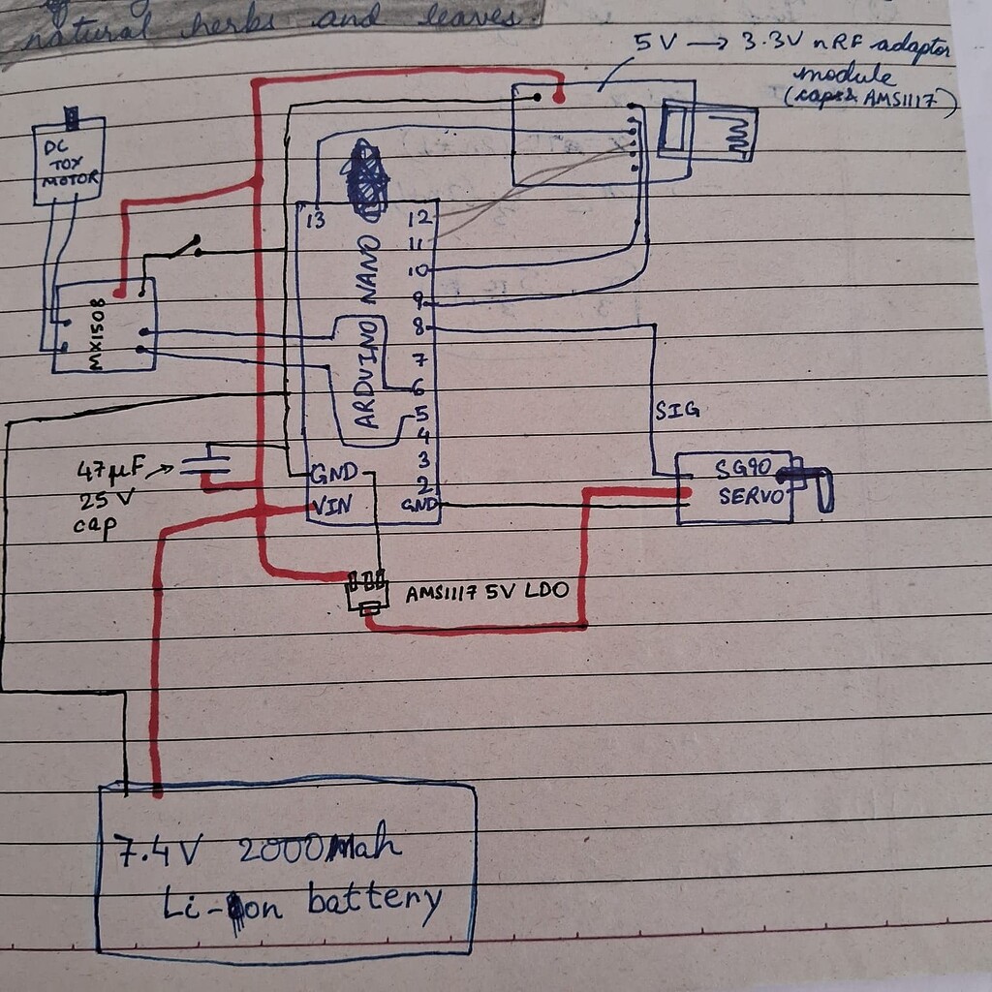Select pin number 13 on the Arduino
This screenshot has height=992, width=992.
coord(314,221)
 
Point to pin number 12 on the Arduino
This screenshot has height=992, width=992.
coord(418,219)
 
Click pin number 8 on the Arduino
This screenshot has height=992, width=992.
coord(418,328)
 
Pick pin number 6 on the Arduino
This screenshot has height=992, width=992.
coord(418,387)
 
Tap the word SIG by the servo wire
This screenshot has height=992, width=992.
coord(676,411)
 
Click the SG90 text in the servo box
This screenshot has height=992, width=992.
coord(743,470)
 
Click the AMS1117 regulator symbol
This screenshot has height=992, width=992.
coord(367,593)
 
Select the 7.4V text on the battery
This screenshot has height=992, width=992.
coord(159,850)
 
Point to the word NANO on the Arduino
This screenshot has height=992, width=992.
coord(369,268)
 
